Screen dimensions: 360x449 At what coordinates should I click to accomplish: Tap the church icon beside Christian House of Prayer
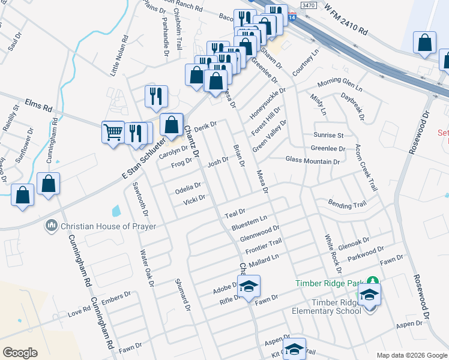52,226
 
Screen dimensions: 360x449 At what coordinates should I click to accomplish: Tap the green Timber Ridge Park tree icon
373,281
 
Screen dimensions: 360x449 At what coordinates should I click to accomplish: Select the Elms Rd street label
39,105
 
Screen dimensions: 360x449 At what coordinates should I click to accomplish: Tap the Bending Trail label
347,205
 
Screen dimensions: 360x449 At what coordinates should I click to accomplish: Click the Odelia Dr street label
187,189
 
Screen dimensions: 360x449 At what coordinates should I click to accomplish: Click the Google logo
20,353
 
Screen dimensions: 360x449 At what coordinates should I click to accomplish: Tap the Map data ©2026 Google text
412,355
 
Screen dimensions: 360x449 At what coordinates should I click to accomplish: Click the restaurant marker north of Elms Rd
156,95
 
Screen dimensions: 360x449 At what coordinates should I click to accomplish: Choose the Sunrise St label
328,136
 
